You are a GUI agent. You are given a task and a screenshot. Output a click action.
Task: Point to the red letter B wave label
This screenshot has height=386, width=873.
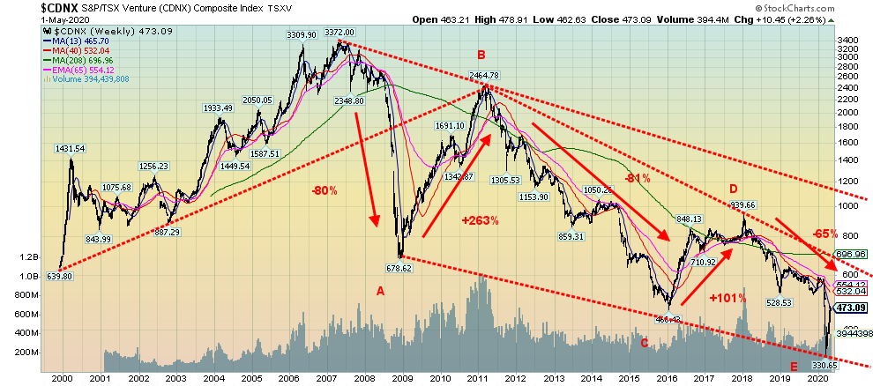[x=481, y=55]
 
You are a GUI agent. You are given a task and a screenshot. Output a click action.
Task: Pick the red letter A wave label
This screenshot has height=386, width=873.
[x=381, y=291]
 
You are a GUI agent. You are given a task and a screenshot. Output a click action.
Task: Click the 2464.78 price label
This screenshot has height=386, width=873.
[x=484, y=76]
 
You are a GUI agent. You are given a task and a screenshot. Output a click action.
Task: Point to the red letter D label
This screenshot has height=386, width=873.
[x=733, y=189]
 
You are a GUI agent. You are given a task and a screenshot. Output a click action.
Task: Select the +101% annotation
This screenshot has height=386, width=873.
[x=728, y=298]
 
